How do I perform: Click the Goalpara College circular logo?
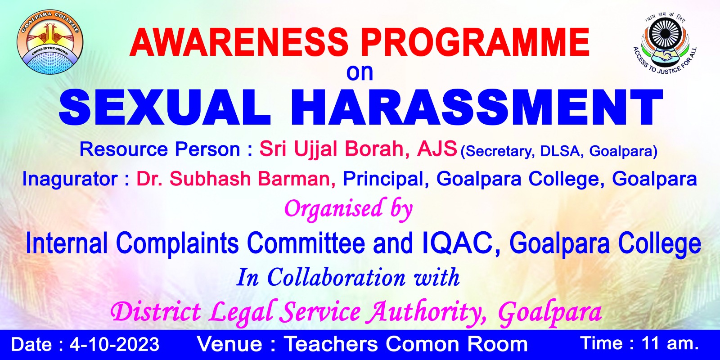(x=50, y=42)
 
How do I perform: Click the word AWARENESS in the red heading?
(x=239, y=43)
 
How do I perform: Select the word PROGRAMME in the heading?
(x=475, y=43)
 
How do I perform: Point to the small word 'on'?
(x=360, y=73)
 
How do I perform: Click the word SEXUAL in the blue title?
(x=165, y=107)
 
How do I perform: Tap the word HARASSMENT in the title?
(x=477, y=107)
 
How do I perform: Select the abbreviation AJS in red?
(x=437, y=149)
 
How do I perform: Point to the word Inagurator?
(x=70, y=179)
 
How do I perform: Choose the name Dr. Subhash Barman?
(x=236, y=179)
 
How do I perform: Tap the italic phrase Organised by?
(x=348, y=209)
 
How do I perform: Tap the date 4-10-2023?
(x=114, y=344)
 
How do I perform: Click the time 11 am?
(x=670, y=343)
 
